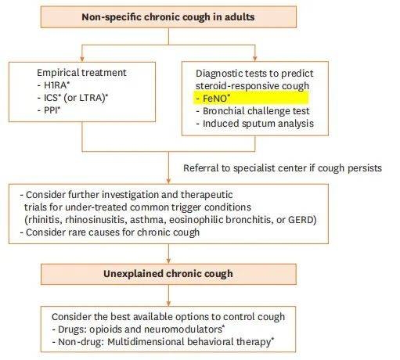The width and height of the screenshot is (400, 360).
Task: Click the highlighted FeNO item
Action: click(216, 99)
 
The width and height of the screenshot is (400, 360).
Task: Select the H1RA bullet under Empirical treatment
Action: click(53, 85)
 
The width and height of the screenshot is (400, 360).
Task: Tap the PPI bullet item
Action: click(49, 110)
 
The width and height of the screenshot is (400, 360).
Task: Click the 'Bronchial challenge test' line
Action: click(253, 111)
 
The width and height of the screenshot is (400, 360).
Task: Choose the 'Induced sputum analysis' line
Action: click(255, 124)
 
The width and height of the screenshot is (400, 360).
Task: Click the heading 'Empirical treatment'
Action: click(81, 73)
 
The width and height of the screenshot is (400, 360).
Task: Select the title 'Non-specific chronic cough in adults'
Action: click(168, 17)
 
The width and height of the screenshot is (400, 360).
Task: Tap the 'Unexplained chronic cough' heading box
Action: click(168, 274)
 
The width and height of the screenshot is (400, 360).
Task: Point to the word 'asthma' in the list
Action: click(146, 220)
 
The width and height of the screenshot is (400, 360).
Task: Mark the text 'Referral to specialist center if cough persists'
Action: click(283, 168)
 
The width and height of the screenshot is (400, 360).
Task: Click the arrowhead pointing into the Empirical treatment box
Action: click(82, 59)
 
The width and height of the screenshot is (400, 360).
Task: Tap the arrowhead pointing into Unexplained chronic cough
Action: click(168, 261)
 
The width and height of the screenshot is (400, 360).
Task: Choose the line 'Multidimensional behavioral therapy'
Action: click(189, 342)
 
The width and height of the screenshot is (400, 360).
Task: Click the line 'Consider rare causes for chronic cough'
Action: click(110, 232)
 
